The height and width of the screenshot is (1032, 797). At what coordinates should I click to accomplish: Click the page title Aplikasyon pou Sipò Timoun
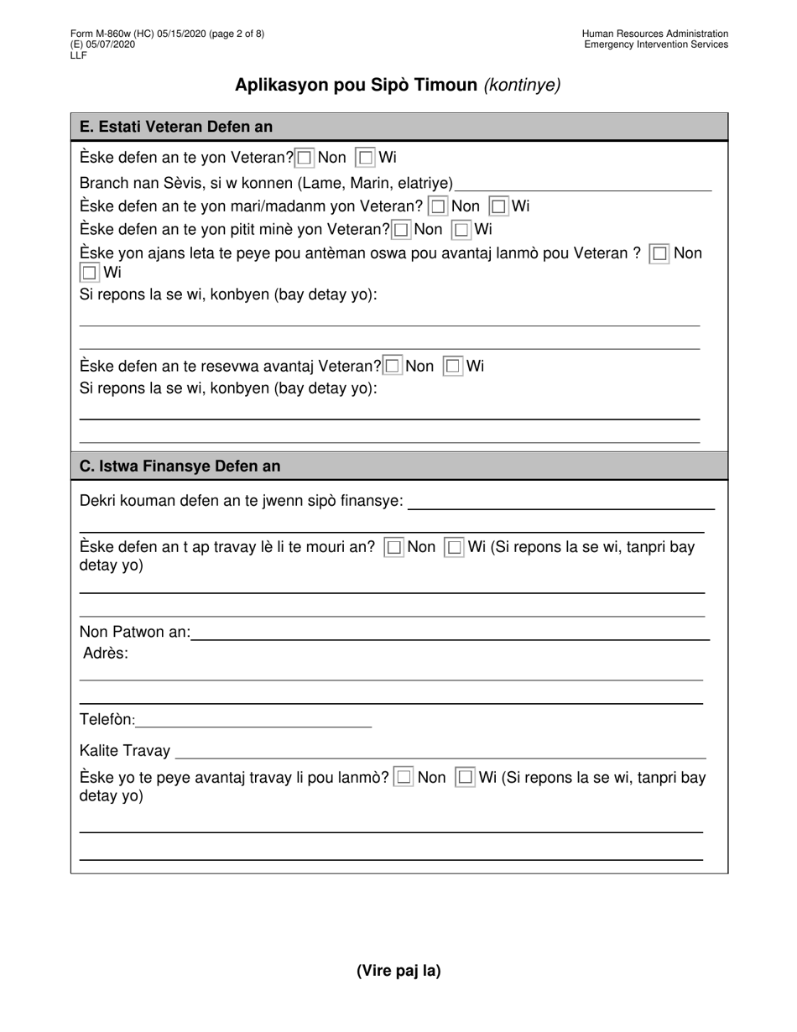point(356,85)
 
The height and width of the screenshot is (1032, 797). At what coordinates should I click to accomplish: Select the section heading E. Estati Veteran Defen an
point(176,127)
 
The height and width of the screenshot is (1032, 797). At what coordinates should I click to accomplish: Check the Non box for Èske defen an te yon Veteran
point(305,158)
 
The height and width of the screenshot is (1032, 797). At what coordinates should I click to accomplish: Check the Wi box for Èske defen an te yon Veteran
point(366,158)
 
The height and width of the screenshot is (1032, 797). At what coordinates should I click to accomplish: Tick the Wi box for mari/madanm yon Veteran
point(499,206)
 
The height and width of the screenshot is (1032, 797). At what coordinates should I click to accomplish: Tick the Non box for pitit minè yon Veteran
point(402,230)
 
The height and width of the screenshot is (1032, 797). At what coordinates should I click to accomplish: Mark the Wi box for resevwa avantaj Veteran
point(453,366)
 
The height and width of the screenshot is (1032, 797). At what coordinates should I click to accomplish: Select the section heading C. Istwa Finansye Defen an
point(180,466)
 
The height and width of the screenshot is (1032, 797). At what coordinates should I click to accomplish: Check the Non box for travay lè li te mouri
point(393,548)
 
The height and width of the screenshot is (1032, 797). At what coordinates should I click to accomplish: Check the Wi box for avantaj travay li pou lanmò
point(465,778)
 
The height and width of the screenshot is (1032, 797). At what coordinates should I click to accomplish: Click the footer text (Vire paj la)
point(398,971)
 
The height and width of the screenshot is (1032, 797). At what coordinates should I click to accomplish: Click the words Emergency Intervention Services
point(656,44)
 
